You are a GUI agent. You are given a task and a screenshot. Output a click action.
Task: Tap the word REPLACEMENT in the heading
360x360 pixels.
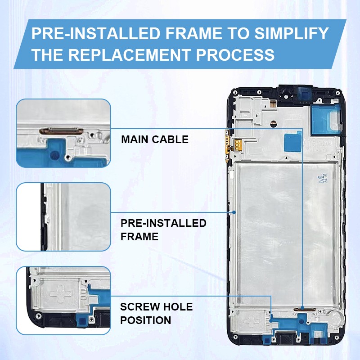[129, 55]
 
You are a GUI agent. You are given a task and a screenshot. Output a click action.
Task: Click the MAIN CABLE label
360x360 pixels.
[154, 139]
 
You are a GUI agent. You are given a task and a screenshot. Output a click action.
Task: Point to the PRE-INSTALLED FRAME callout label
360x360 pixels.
[163, 229]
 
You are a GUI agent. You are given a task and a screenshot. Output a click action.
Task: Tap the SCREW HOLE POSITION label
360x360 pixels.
[156, 314]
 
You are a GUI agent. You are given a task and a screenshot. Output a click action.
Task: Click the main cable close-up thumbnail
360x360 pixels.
[63, 133]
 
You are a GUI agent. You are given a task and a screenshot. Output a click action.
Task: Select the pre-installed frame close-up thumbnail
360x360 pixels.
[63, 216]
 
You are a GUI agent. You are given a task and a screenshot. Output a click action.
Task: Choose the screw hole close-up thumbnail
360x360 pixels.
[63, 300]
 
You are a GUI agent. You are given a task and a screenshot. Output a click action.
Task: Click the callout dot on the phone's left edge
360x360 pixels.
[235, 211]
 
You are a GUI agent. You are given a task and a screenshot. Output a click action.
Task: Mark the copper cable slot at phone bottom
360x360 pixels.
[302, 309]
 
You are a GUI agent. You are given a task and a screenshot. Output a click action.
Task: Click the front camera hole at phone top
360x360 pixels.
[286, 95]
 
